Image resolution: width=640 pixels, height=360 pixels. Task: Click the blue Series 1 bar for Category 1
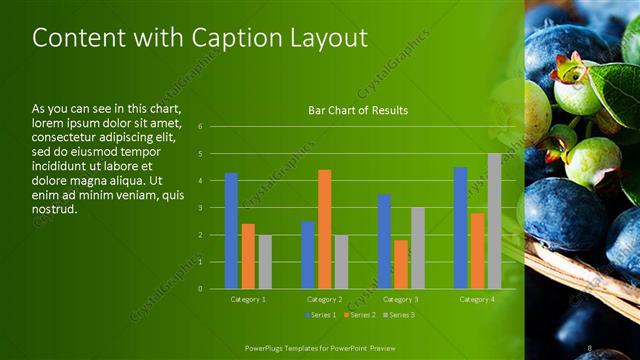pyautogui.click(x=231, y=231)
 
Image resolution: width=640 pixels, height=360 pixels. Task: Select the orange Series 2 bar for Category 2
pyautogui.click(x=324, y=229)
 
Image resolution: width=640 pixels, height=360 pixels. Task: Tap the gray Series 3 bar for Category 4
pyautogui.click(x=494, y=221)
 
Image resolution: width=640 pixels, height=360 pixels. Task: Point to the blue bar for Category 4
pyautogui.click(x=460, y=228)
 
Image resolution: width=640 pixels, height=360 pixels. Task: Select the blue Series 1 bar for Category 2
pyautogui.click(x=307, y=255)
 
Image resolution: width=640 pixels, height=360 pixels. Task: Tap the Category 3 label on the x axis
pyautogui.click(x=400, y=299)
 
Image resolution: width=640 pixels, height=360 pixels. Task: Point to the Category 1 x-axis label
pyautogui.click(x=247, y=299)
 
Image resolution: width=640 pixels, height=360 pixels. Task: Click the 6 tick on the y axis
pyautogui.click(x=201, y=127)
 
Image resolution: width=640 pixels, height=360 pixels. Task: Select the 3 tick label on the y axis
pyautogui.click(x=201, y=208)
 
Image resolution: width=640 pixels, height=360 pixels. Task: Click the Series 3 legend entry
pyautogui.click(x=398, y=315)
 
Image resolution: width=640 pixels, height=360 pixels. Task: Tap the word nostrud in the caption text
pyautogui.click(x=53, y=210)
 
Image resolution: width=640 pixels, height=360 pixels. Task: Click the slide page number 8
pyautogui.click(x=591, y=347)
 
